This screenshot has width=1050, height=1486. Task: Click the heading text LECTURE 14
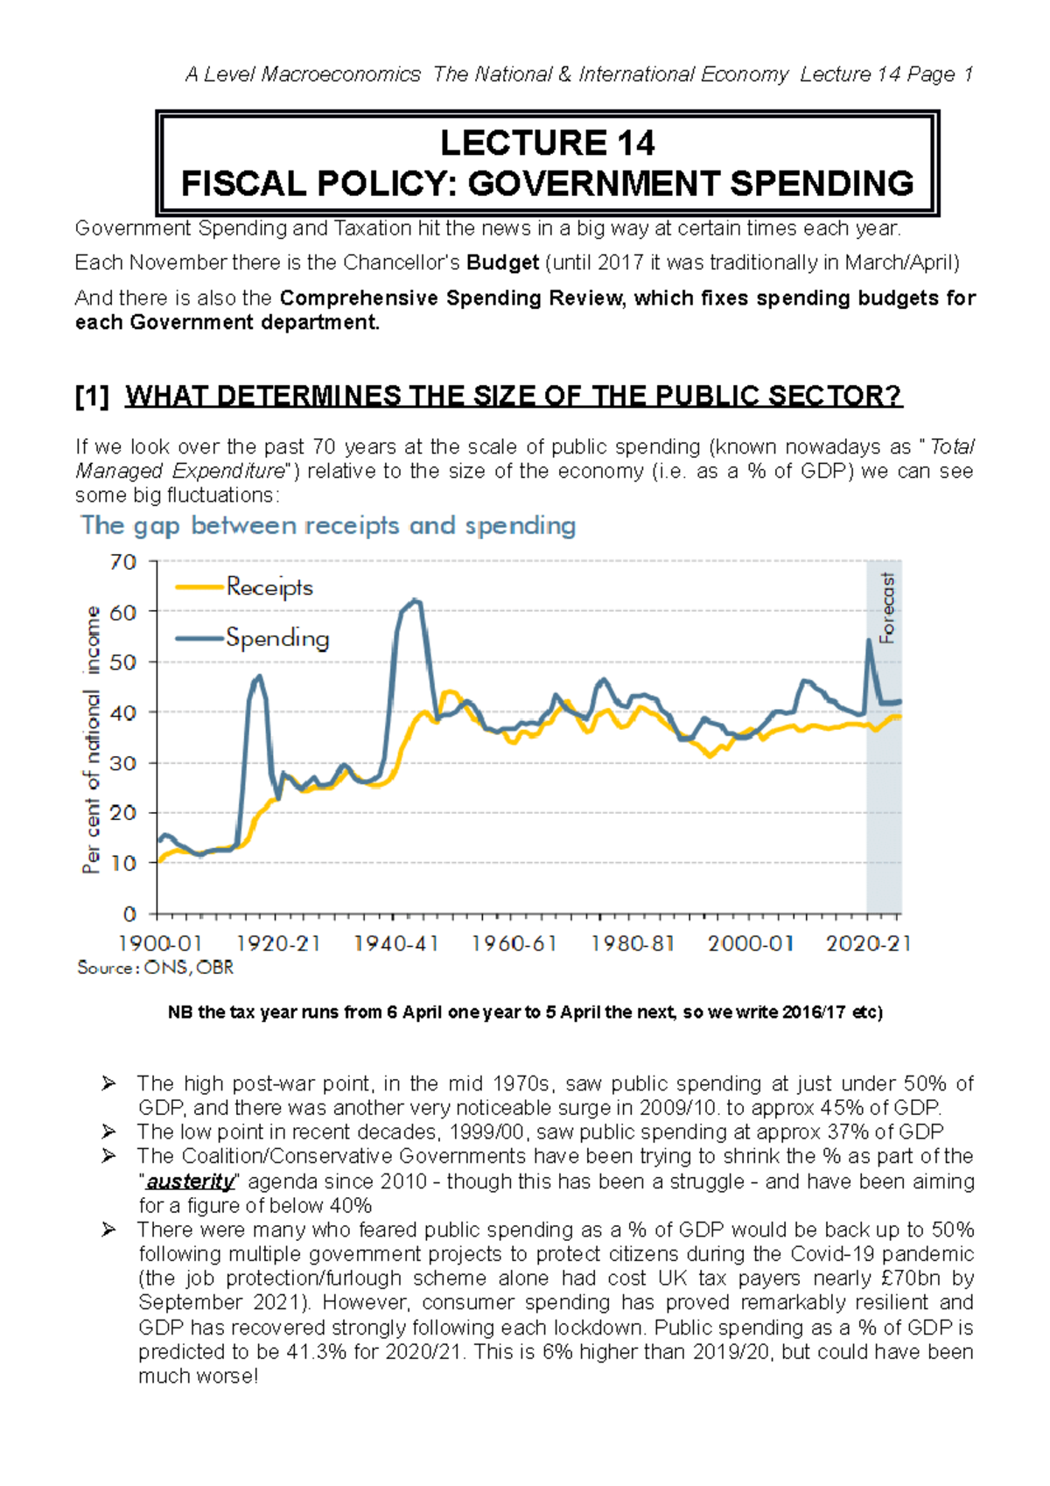(x=547, y=143)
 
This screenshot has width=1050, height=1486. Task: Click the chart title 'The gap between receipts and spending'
(x=328, y=525)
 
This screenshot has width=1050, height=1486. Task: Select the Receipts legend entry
(x=269, y=586)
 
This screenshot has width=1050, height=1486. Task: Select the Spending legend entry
(x=276, y=637)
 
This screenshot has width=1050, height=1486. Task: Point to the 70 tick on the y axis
(x=123, y=562)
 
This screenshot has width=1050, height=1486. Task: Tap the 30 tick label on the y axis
(x=123, y=763)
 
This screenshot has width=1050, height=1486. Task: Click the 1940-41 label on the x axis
(x=395, y=943)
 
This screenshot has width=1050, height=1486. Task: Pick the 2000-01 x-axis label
(x=750, y=943)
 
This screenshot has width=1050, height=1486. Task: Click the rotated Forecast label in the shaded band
(x=887, y=608)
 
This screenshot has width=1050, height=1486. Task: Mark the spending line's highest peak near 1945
(x=416, y=600)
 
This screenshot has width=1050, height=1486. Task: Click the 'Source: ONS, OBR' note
(x=155, y=968)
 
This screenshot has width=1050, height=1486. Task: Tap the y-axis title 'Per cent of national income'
(x=92, y=739)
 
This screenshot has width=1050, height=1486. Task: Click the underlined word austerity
(x=190, y=1181)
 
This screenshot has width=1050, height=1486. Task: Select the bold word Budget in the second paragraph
(x=502, y=263)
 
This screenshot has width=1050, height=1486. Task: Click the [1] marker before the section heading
(x=92, y=396)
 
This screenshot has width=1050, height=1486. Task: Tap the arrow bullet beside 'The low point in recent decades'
(x=108, y=1132)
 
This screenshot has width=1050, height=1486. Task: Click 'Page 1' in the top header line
(x=940, y=74)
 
